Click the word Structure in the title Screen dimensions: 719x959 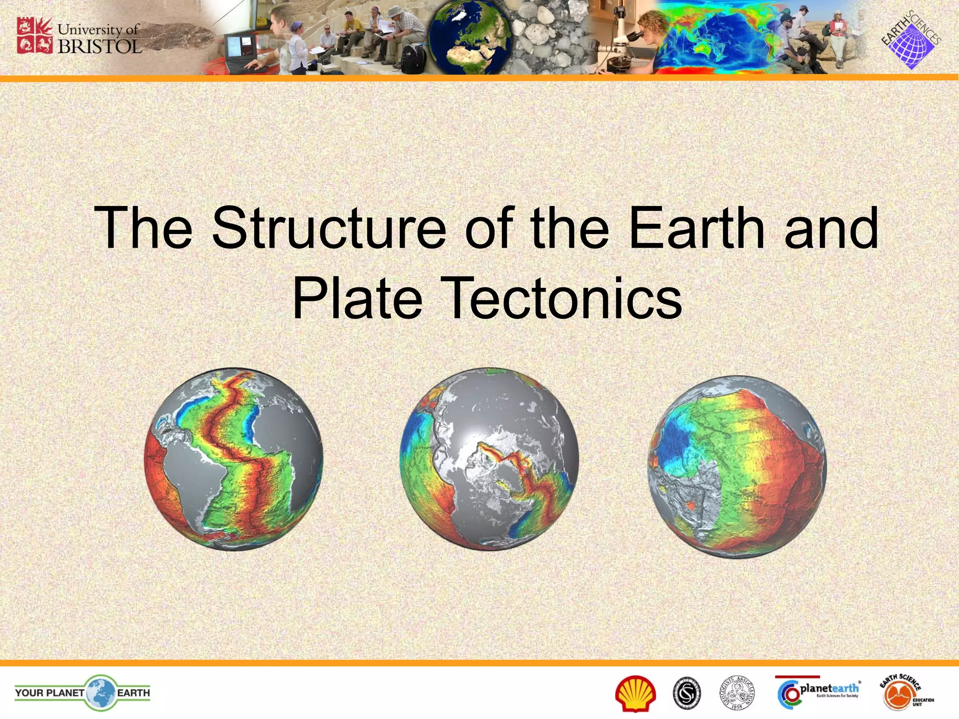(329, 228)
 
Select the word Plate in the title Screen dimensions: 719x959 (357, 298)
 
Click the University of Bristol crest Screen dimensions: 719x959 (34, 35)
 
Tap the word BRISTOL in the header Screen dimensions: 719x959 (99, 47)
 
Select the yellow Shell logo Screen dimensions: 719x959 (635, 693)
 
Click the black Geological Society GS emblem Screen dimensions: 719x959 (687, 693)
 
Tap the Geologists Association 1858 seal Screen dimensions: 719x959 (737, 693)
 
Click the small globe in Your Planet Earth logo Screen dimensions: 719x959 (100, 692)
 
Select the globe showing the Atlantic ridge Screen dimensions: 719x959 (233, 459)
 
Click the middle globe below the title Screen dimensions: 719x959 (489, 459)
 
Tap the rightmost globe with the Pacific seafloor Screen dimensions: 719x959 (737, 467)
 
